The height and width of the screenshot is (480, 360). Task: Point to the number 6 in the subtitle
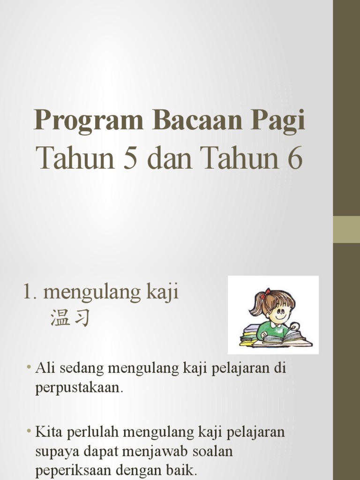[x=294, y=158]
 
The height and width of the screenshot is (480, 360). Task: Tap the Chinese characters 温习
[x=69, y=319]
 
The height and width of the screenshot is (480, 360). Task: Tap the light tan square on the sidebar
[x=346, y=230]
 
